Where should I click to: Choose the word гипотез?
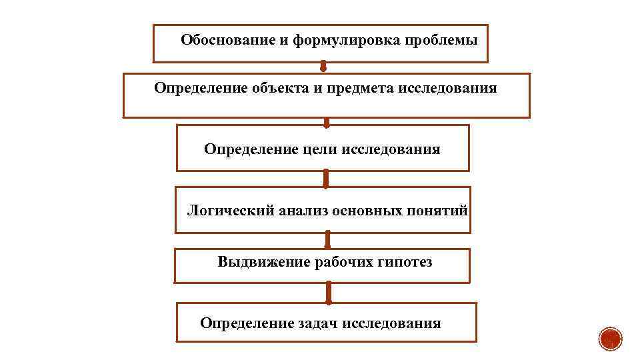(405, 262)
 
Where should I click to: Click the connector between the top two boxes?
(323, 67)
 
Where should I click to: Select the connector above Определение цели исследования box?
(327, 122)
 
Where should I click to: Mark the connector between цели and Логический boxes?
(326, 179)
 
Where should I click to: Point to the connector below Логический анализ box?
(327, 240)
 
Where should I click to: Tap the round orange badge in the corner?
(609, 339)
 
